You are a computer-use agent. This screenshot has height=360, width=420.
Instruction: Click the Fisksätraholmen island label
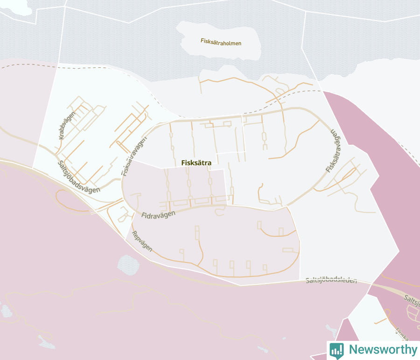pos(221,42)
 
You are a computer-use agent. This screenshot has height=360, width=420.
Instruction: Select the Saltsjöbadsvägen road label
pos(79,177)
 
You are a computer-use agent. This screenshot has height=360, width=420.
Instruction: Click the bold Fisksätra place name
pos(196,163)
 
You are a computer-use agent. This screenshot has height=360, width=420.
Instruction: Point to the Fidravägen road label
pos(158,214)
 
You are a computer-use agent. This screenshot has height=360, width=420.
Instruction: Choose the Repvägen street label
pos(142,241)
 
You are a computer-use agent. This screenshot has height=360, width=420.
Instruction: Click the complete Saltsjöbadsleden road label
pos(331,281)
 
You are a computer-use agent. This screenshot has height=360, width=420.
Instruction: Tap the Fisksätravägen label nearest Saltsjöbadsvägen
pos(131,157)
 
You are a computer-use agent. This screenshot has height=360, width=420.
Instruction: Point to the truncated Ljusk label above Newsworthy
pos(401,333)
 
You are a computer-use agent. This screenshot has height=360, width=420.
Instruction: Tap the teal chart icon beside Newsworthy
pos(336,350)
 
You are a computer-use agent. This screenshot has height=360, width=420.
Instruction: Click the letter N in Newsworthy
pos(353,350)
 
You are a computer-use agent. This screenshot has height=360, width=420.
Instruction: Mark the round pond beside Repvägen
pos(128,264)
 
